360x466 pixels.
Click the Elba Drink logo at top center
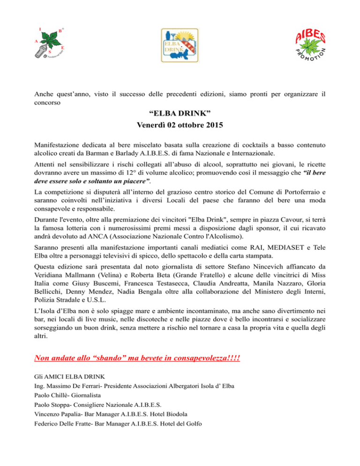(180, 45)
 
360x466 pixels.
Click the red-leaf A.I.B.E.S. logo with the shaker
(50, 44)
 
